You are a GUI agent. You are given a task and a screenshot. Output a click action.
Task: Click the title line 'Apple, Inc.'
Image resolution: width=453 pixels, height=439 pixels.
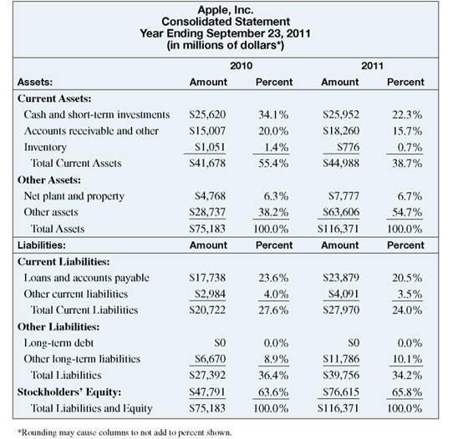(226, 8)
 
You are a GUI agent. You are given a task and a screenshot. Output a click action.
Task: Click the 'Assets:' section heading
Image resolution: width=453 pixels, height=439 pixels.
(35, 83)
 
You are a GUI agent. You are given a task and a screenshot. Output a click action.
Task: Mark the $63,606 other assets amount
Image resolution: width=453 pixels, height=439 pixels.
(338, 213)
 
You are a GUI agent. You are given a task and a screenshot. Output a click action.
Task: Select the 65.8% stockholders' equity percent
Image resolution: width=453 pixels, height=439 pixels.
(405, 392)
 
